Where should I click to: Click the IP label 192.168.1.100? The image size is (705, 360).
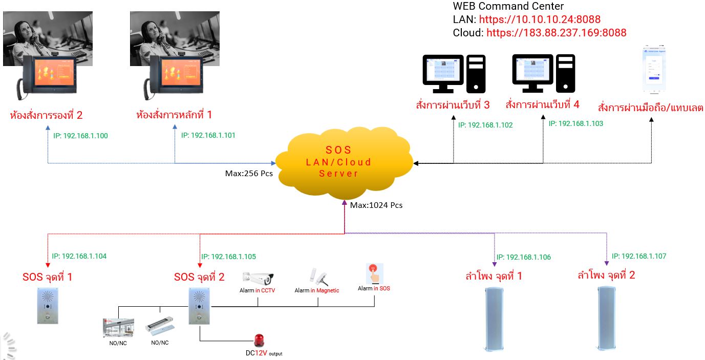[x=80, y=136]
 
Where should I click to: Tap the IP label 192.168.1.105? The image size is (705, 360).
[x=228, y=257]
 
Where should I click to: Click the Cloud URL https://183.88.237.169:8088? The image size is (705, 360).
[x=556, y=33]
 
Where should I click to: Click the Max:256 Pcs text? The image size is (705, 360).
[x=249, y=174]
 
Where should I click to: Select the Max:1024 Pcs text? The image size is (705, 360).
[x=376, y=205]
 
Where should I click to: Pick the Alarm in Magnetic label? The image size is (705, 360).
[x=317, y=290]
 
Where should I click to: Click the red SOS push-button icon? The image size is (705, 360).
[x=374, y=272]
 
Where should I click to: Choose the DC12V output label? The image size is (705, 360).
[x=264, y=353]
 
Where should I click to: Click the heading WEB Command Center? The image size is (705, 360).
[x=508, y=7]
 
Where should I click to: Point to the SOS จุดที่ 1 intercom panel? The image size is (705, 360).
[x=47, y=305]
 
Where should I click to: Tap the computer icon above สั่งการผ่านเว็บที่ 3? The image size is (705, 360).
[x=454, y=74]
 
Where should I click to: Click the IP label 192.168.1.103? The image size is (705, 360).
[x=575, y=123]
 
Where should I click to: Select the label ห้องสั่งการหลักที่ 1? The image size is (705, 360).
[x=174, y=115]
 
